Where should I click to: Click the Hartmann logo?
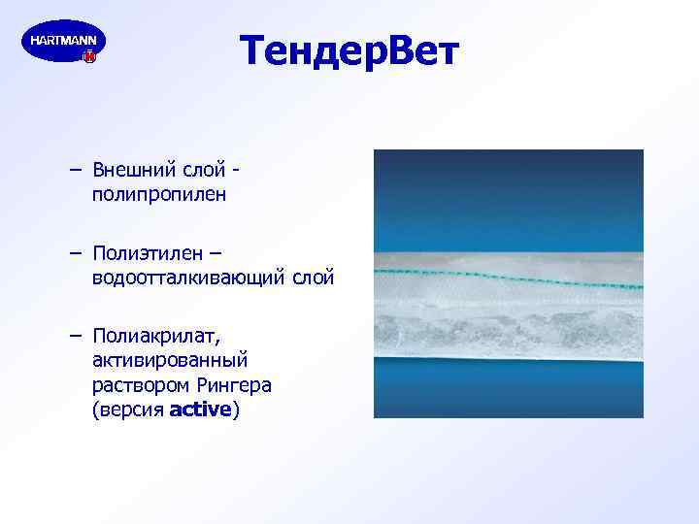coord(63,42)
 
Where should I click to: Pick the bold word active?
coord(200,409)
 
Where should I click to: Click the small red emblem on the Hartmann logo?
coord(90,57)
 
